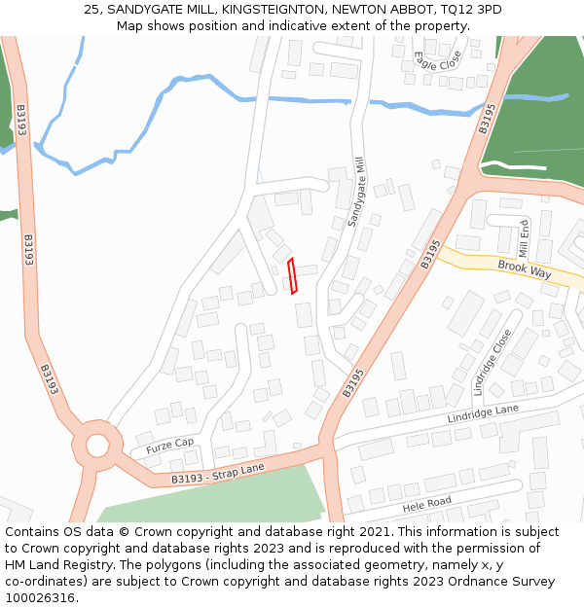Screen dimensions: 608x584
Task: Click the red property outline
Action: pyautogui.click(x=293, y=275)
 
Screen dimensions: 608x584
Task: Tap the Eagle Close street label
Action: pyautogui.click(x=436, y=60)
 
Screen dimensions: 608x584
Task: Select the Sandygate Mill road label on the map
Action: pyautogui.click(x=358, y=191)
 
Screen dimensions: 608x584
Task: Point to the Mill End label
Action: pyautogui.click(x=525, y=236)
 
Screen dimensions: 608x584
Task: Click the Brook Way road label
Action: pyautogui.click(x=524, y=268)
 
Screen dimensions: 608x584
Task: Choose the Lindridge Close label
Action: pyautogui.click(x=492, y=361)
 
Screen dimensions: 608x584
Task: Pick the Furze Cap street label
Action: pyautogui.click(x=170, y=447)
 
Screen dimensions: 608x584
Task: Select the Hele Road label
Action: pyautogui.click(x=427, y=506)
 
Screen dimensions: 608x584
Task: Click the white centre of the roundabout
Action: pyautogui.click(x=97, y=447)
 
